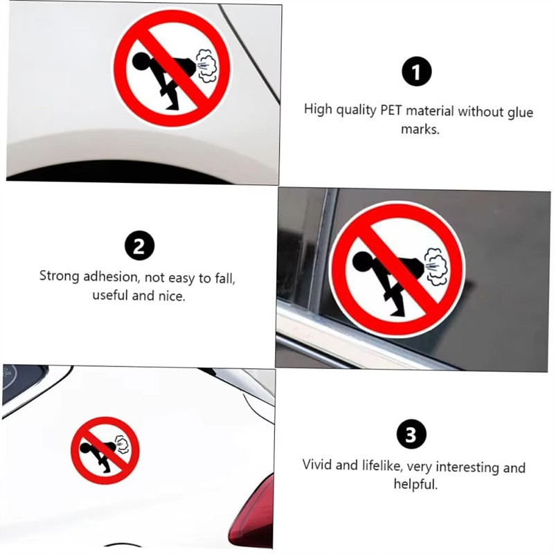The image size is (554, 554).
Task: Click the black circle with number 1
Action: click(x=417, y=71)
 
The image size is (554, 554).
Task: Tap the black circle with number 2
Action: click(x=140, y=246)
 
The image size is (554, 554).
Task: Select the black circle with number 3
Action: click(x=411, y=434)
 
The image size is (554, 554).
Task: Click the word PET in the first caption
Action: click(x=391, y=110)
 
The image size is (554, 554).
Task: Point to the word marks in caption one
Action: click(x=420, y=129)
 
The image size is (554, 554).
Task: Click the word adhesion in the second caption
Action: click(x=111, y=276)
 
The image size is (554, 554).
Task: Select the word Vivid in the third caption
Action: click(x=317, y=464)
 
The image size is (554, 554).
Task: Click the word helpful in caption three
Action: click(x=416, y=483)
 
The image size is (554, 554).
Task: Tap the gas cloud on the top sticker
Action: click(x=206, y=65)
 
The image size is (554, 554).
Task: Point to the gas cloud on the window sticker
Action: click(x=436, y=266)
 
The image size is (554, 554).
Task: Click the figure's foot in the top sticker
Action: click(x=172, y=106)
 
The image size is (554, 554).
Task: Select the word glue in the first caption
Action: click(x=520, y=113)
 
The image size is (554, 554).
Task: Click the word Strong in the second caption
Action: click(x=59, y=276)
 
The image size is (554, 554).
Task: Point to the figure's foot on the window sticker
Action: click(x=399, y=312)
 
